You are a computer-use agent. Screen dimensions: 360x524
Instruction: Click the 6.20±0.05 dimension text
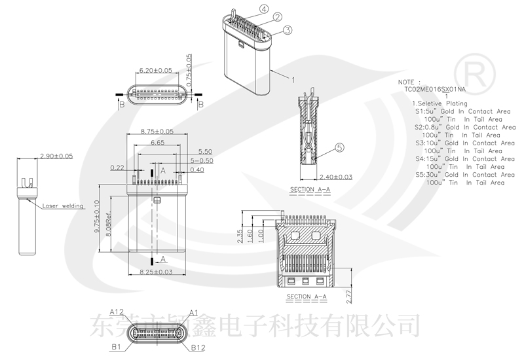point(156,70)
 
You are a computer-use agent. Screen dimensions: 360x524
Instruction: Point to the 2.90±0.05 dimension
point(56,156)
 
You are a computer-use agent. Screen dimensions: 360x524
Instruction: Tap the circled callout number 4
point(263,9)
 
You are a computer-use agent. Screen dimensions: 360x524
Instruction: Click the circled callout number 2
point(277,17)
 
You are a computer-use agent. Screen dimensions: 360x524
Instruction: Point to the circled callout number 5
point(339,148)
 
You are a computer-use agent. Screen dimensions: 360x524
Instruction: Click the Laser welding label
point(64,206)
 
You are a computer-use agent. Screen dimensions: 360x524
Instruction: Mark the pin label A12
point(117,312)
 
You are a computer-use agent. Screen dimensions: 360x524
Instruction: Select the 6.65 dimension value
point(157,142)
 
